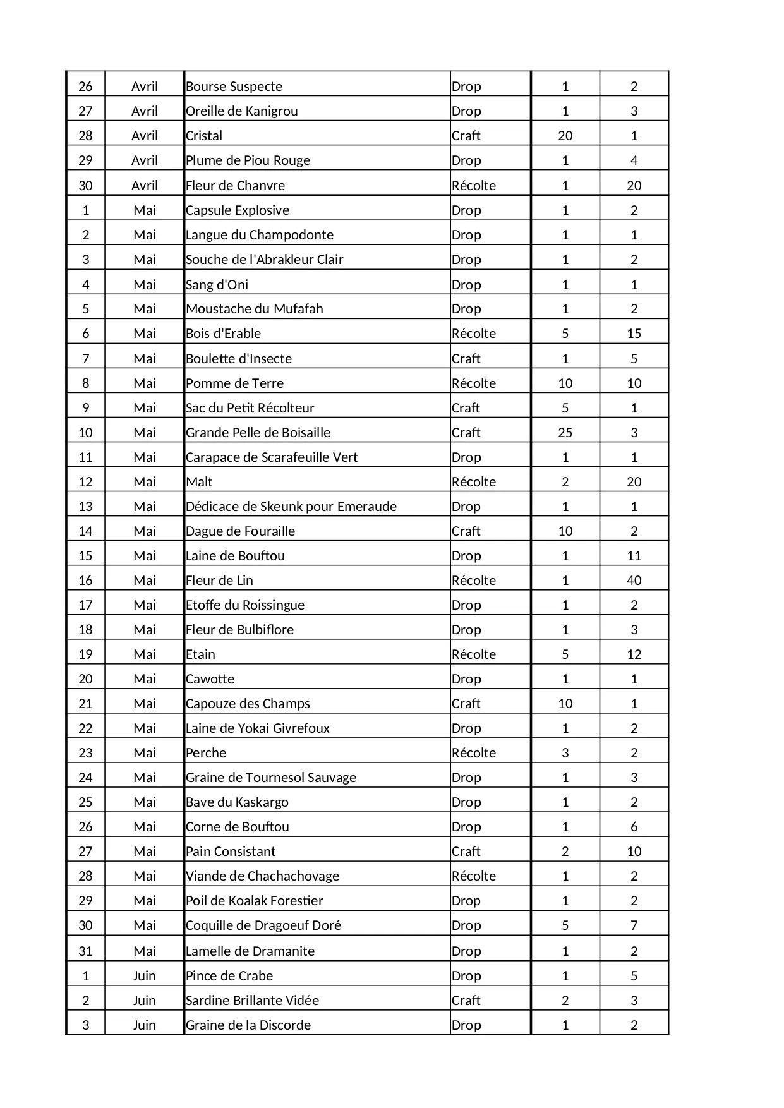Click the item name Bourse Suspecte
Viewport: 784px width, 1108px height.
pos(234,87)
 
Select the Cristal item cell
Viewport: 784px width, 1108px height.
pos(204,136)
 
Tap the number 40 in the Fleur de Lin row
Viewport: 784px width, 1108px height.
pos(634,581)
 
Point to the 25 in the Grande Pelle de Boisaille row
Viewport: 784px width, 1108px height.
pos(565,433)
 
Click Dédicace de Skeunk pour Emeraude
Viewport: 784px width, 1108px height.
pos(291,507)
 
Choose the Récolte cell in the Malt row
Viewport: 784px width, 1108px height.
pos(473,482)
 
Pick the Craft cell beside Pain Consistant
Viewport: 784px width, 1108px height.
pos(466,852)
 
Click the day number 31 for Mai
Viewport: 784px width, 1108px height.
pos(85,951)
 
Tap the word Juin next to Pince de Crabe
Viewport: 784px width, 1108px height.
pos(144,976)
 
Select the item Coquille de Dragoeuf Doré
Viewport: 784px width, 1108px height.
pos(263,925)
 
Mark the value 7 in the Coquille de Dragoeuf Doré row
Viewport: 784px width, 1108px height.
pos(634,925)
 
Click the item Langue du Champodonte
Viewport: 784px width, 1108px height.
pos(260,235)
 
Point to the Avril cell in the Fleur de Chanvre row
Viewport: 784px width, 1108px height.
pos(144,186)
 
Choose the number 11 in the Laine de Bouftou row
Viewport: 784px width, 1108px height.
pos(634,556)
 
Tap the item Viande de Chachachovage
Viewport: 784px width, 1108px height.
pos(262,876)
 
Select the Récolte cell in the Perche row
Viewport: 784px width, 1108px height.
pos(473,753)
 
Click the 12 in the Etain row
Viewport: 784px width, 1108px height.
pos(634,654)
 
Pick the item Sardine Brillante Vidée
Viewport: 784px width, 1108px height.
pos(252,1001)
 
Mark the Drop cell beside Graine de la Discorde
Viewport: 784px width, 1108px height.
pos(466,1025)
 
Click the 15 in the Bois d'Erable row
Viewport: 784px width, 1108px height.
pos(634,334)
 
